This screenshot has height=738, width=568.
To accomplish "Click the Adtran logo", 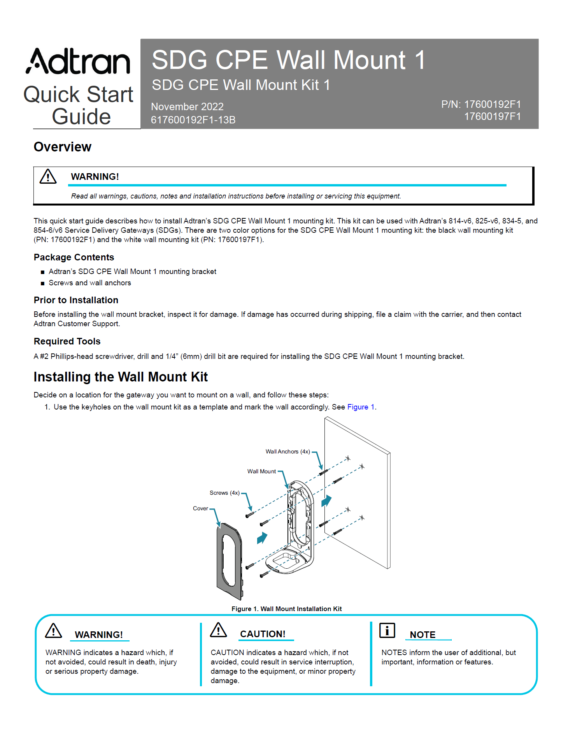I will (78, 61).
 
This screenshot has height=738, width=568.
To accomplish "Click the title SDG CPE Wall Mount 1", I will (288, 60).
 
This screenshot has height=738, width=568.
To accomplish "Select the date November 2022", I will (187, 107).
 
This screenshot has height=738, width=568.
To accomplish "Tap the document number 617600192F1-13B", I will (193, 120).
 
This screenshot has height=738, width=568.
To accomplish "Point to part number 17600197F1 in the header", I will (492, 116).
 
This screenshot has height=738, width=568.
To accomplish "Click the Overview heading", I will (63, 147).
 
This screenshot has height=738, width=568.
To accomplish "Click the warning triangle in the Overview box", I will (48, 177).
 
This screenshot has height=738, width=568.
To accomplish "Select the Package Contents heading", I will (74, 257).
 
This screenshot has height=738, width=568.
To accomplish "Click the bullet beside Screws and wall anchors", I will (43, 283).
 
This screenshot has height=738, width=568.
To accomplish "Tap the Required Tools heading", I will (67, 341).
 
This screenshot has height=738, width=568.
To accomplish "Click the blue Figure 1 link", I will (361, 407).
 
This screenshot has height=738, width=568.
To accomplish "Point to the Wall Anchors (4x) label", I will (288, 452).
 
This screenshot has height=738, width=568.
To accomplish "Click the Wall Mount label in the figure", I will (261, 471).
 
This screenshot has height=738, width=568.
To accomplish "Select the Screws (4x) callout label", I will (224, 493).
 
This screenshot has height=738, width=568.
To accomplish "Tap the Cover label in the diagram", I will (200, 508).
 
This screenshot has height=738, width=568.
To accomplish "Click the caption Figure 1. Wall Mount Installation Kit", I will (286, 609).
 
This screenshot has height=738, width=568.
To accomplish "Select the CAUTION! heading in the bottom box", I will (263, 634).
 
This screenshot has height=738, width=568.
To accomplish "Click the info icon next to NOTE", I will (387, 631).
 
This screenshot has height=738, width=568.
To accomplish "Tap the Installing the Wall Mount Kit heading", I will (121, 377).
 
